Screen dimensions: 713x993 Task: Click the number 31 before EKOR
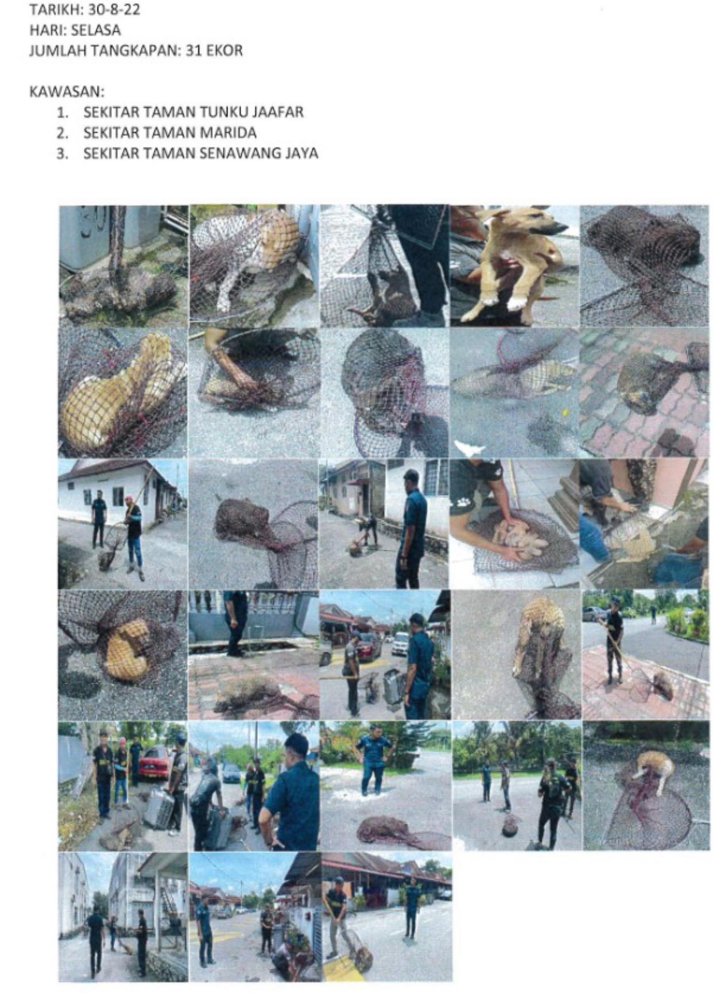coord(191,51)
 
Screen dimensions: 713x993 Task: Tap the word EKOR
coord(222,51)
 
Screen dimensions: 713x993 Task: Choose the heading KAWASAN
coord(67,92)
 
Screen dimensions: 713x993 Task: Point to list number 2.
coord(62,133)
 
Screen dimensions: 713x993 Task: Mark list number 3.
coord(62,154)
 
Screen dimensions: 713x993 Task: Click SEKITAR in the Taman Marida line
coord(111,133)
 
